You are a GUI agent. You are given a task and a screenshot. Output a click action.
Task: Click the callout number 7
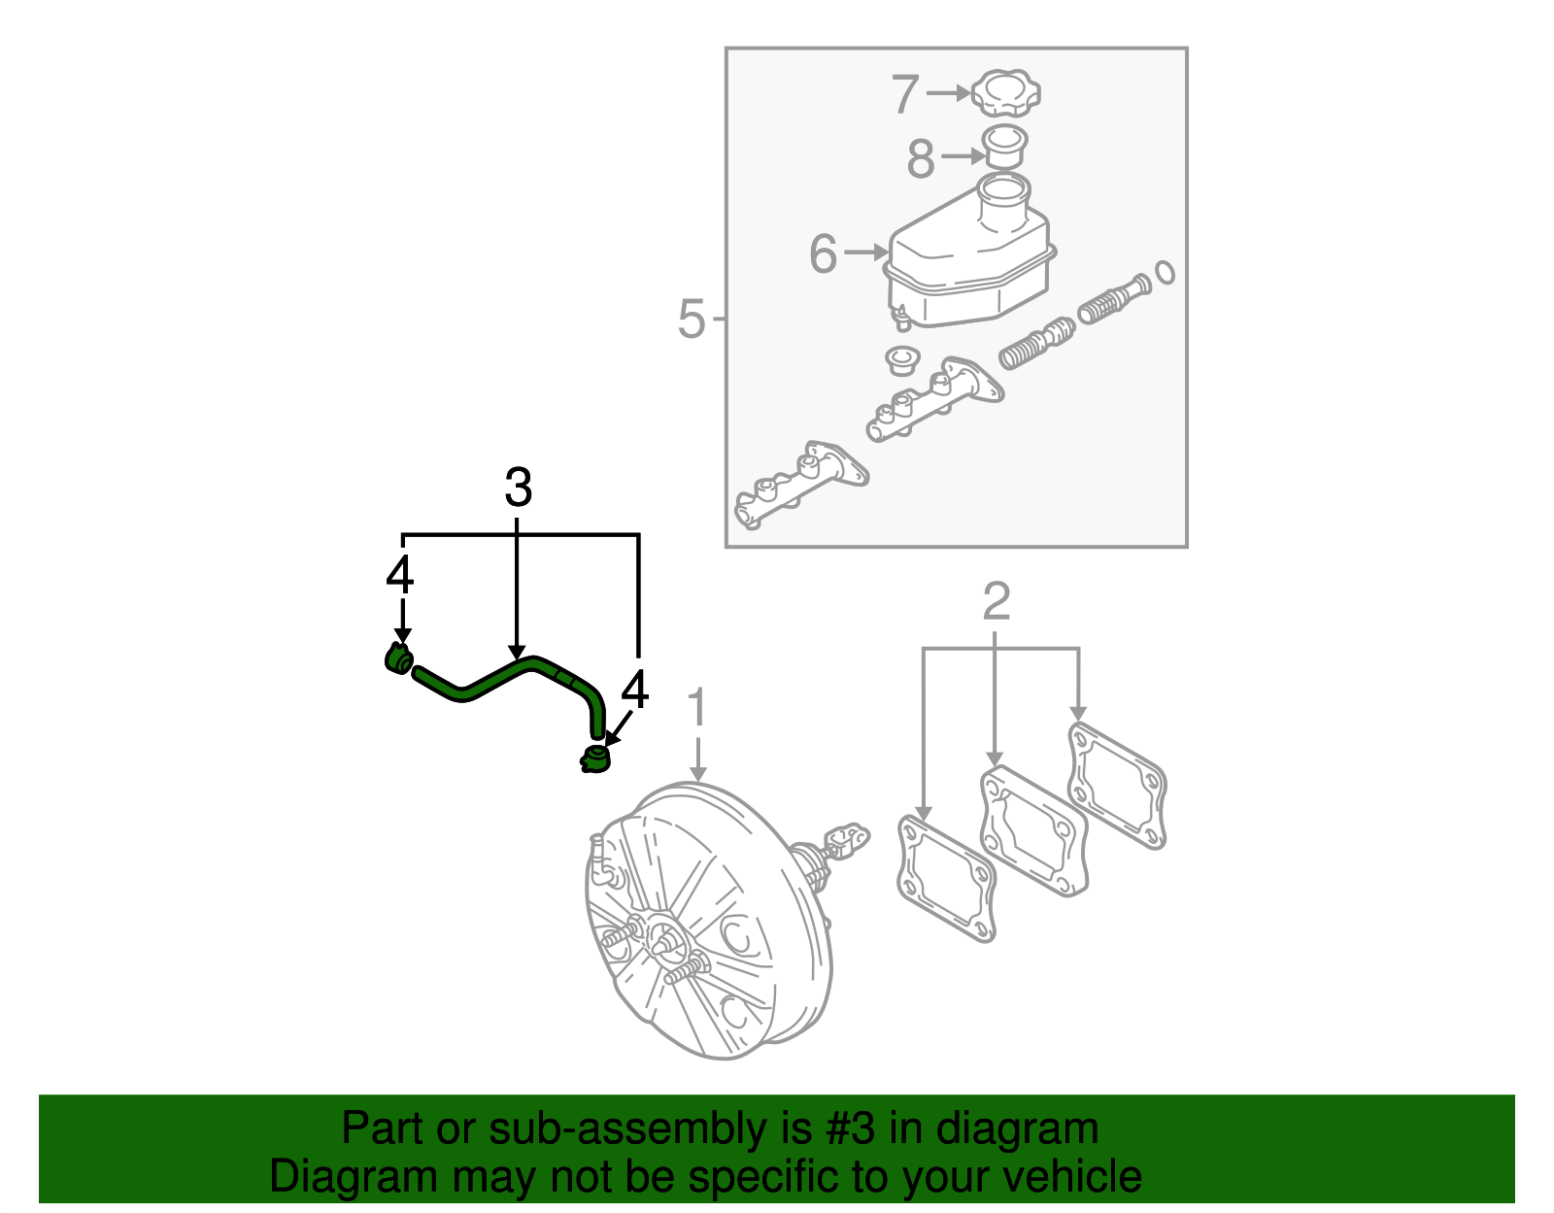pos(905,94)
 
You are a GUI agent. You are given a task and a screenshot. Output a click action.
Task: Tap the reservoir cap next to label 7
pos(1005,93)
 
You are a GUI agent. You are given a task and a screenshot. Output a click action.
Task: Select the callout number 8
pos(920,158)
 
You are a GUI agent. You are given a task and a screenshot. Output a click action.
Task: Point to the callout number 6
pos(823,254)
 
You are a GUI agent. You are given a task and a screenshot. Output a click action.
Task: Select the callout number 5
pos(691,319)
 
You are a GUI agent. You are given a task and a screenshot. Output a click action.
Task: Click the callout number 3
pos(518,488)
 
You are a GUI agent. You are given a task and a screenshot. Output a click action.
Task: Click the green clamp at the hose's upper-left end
pos(397,659)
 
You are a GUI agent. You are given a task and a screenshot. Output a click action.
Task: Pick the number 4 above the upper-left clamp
pos(399,575)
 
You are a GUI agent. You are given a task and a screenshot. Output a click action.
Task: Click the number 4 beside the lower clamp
pos(633,691)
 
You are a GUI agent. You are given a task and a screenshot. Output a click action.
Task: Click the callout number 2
pos(997,601)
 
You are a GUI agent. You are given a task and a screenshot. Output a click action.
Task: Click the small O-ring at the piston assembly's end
pos(1165,273)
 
